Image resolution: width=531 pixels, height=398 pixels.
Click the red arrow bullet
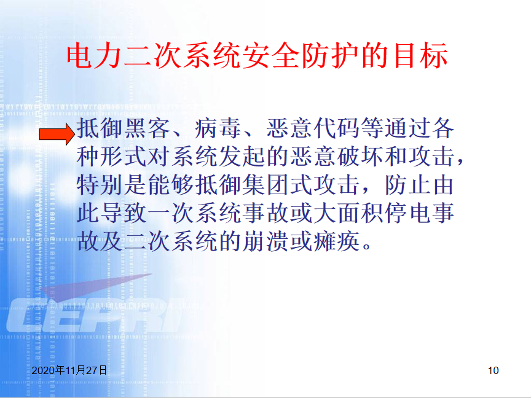[x=57, y=134]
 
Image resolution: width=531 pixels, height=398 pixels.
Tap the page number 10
[x=493, y=370]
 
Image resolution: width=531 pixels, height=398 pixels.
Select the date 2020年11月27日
[x=69, y=370]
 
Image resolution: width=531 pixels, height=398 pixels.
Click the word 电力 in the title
[x=94, y=55]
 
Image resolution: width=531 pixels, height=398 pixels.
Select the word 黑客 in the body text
[x=147, y=128]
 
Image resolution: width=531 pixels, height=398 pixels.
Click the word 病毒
[x=218, y=128]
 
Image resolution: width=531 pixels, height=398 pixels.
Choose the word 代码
[x=337, y=128]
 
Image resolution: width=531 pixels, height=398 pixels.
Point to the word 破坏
[x=360, y=157]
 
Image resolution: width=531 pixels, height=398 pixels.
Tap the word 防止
[x=407, y=185]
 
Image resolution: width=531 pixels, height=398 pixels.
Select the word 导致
[x=124, y=213]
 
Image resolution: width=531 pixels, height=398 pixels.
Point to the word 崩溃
[x=265, y=241]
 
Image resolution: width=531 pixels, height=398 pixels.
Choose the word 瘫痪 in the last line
[x=337, y=241]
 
